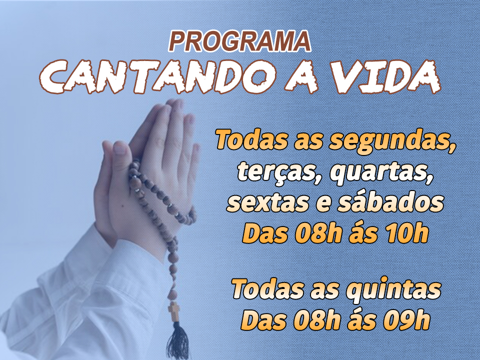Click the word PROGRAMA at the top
coord(239,41)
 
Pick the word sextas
coord(267,203)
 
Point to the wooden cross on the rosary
coord(174,310)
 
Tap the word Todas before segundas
coord(251,140)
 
